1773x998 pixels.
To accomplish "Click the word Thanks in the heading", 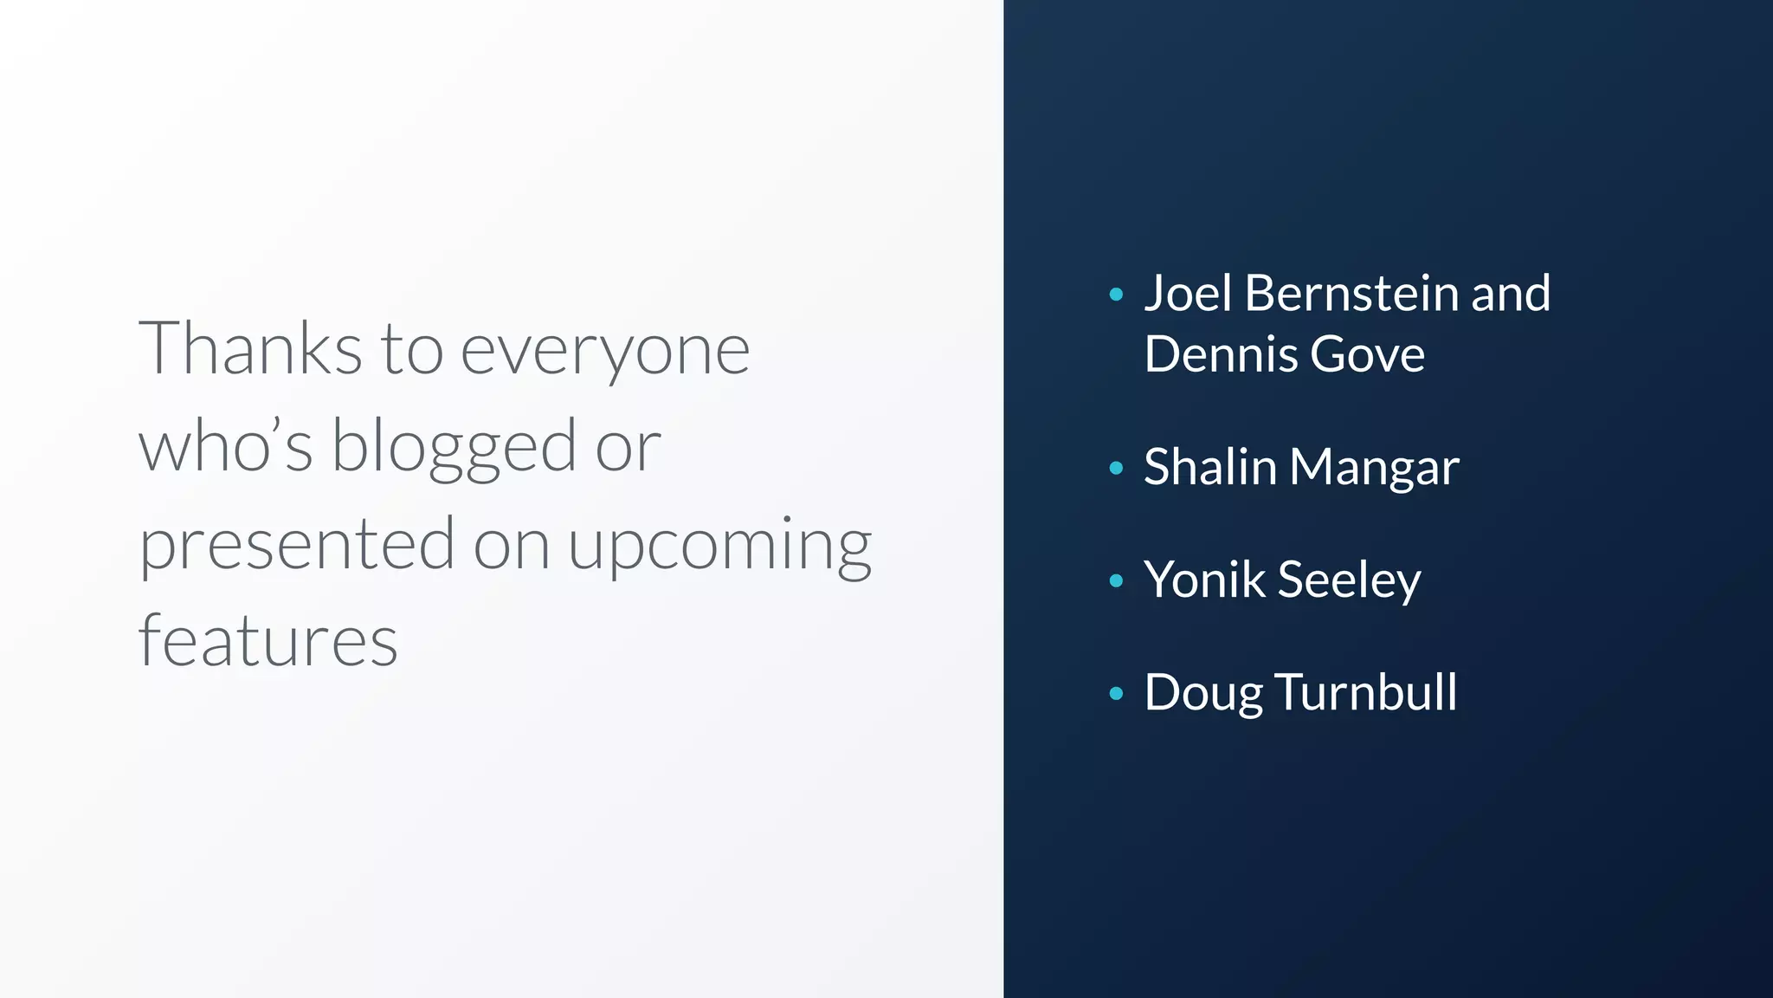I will [250, 348].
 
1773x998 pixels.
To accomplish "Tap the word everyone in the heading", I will [605, 350].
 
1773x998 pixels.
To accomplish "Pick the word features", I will [268, 641].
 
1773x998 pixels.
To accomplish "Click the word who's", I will [226, 446].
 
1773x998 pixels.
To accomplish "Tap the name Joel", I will [1188, 293].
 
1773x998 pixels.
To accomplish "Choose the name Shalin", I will [1210, 467].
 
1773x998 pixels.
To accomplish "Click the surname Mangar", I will [1374, 469].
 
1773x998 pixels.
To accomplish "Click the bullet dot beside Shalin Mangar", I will [1116, 469].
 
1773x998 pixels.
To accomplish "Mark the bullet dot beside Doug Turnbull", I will [1116, 693].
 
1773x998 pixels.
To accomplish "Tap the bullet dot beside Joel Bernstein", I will [1116, 295].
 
